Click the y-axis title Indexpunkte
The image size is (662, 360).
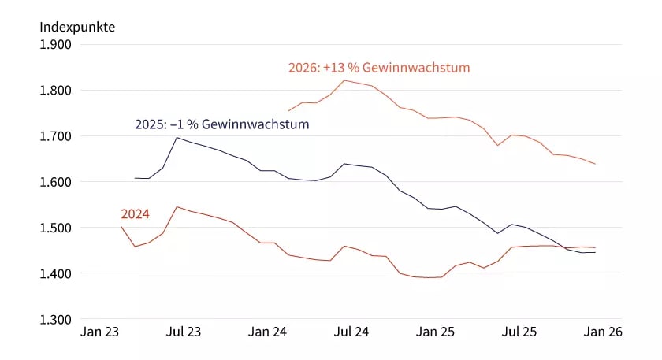tap(77, 27)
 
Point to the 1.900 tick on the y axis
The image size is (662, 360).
tap(55, 44)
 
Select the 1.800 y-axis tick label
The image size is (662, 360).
tap(55, 91)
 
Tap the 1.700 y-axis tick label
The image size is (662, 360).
tap(55, 136)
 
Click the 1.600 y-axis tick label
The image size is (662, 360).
tap(55, 182)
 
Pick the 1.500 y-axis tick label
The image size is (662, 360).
tap(55, 228)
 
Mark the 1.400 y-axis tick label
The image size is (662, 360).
tap(55, 273)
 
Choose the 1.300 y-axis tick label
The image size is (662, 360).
tap(55, 319)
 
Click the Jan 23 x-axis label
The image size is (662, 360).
tap(100, 332)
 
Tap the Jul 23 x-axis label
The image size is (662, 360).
tap(184, 332)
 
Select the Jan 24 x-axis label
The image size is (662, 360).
tap(267, 332)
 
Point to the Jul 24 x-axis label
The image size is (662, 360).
tap(351, 332)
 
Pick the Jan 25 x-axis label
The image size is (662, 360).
tap(435, 332)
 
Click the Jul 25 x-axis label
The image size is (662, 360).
tap(519, 332)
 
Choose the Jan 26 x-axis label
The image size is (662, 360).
tap(603, 332)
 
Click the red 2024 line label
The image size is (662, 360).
tap(135, 213)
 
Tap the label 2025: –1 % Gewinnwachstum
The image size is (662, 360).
tap(221, 124)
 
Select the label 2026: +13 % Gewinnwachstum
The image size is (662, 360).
tap(378, 68)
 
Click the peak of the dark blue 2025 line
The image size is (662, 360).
tap(176, 138)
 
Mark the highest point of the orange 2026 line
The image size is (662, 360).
tap(344, 80)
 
